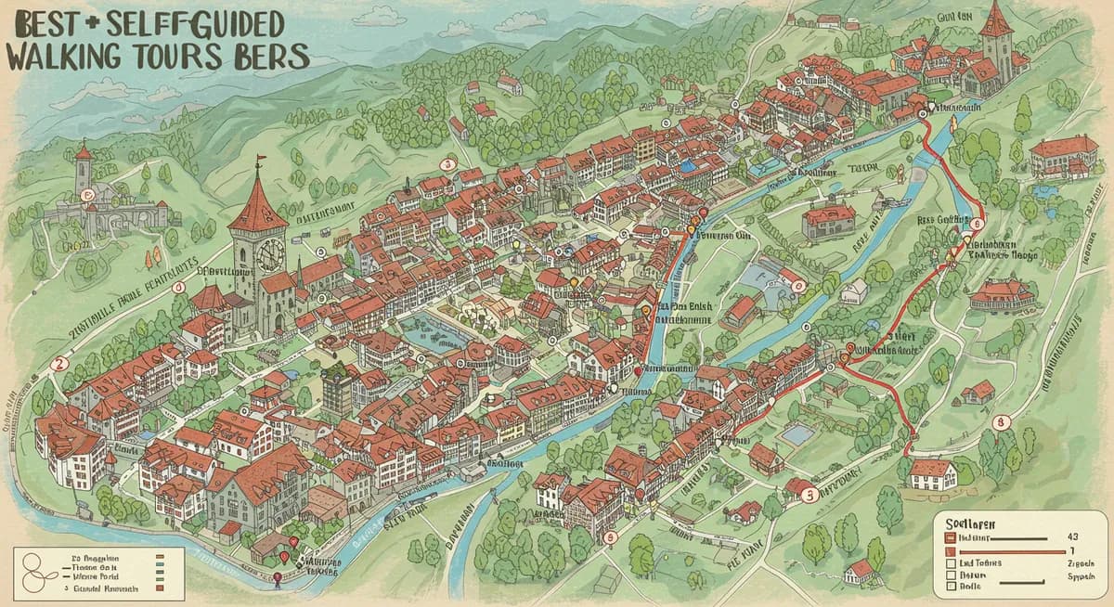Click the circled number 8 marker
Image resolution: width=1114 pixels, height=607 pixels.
[1000, 422]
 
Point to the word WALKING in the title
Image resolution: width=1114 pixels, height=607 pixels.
[66, 57]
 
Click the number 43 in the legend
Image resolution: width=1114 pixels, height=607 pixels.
[1073, 537]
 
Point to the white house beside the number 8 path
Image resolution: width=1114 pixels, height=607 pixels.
[932, 473]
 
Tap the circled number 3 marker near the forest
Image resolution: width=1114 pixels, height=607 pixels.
[447, 164]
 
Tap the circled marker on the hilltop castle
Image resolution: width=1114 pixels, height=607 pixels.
[87, 195]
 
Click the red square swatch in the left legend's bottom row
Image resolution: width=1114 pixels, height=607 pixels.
[160, 588]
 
